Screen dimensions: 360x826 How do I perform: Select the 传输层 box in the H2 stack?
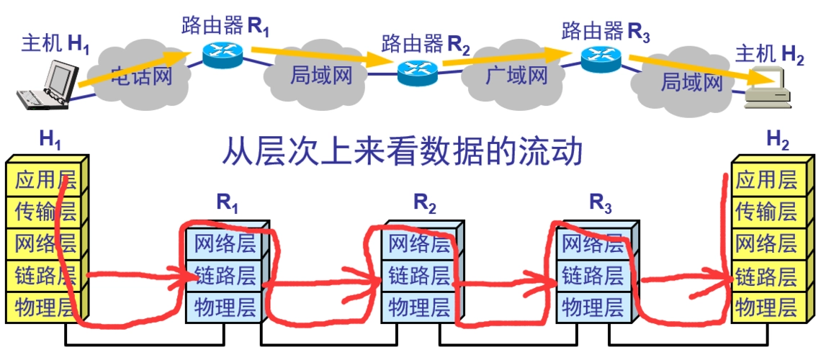[766, 212]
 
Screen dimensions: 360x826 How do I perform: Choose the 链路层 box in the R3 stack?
[592, 275]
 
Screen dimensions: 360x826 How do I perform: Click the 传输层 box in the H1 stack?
[45, 212]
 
